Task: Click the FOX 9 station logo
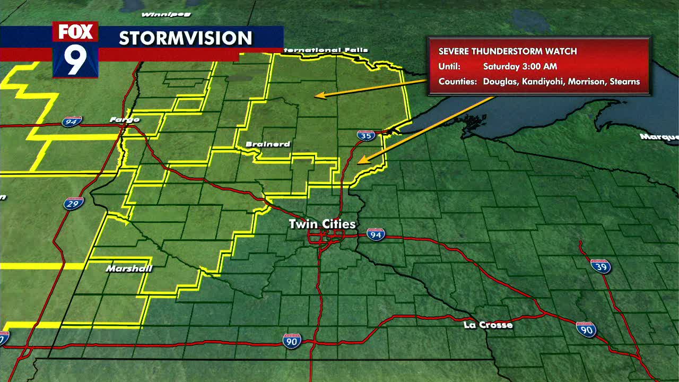[x=75, y=49]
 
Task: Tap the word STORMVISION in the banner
[x=186, y=38]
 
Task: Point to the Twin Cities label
[x=322, y=224]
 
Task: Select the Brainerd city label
[x=268, y=144]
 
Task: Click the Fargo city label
[x=125, y=120]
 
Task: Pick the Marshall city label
[x=129, y=268]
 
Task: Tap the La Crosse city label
[x=488, y=325]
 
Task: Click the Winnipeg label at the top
[x=159, y=14]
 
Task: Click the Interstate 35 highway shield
[x=365, y=135]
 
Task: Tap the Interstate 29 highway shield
[x=74, y=203]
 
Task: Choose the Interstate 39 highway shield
[x=600, y=266]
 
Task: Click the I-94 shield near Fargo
[x=72, y=122]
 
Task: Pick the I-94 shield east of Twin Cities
[x=376, y=235]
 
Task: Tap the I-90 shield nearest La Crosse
[x=586, y=329]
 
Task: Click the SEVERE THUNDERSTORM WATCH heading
[x=508, y=51]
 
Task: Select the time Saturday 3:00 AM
[x=520, y=67]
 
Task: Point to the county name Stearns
[x=625, y=82]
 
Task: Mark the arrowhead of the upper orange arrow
[x=317, y=96]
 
